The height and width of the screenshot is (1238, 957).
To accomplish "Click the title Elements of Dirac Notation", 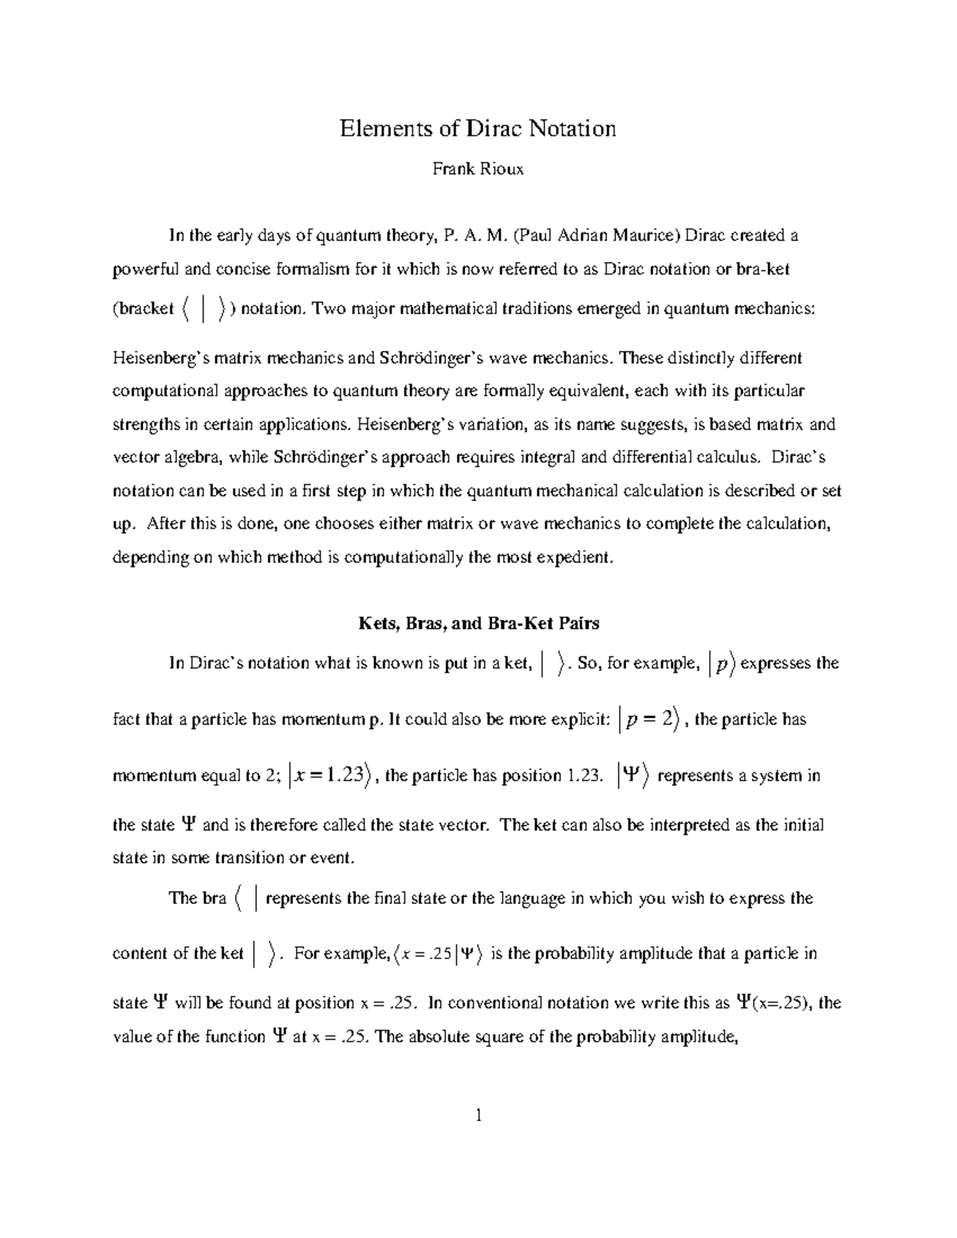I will click(x=478, y=128).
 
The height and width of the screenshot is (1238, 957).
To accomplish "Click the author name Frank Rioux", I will click(x=478, y=169).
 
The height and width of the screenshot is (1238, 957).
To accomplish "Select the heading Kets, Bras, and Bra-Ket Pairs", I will click(x=478, y=623).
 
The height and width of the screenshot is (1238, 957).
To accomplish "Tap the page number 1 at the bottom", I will click(x=478, y=1115).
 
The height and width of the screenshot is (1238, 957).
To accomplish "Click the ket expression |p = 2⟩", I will click(x=648, y=719).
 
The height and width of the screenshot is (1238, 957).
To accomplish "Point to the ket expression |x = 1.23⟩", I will click(x=329, y=775).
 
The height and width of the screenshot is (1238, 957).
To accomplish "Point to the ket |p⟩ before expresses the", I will click(x=722, y=663).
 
